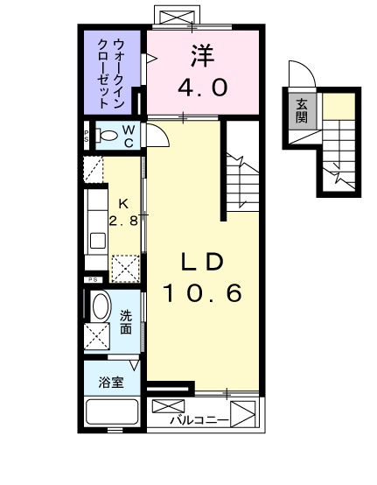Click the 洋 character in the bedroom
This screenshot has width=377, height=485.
(203, 56)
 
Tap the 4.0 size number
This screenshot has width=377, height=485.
(203, 88)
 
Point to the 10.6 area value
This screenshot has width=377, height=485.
(202, 293)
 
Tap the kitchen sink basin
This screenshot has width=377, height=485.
(97, 241)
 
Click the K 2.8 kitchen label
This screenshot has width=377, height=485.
(123, 213)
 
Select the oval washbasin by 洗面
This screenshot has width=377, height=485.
(101, 306)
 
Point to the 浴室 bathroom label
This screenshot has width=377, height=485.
(111, 383)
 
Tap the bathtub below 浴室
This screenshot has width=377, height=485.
(112, 412)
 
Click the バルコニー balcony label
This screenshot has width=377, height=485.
(199, 420)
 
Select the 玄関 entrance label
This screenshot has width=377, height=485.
(302, 110)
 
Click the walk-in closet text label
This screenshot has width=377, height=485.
(111, 74)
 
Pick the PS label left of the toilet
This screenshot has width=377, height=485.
(87, 136)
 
